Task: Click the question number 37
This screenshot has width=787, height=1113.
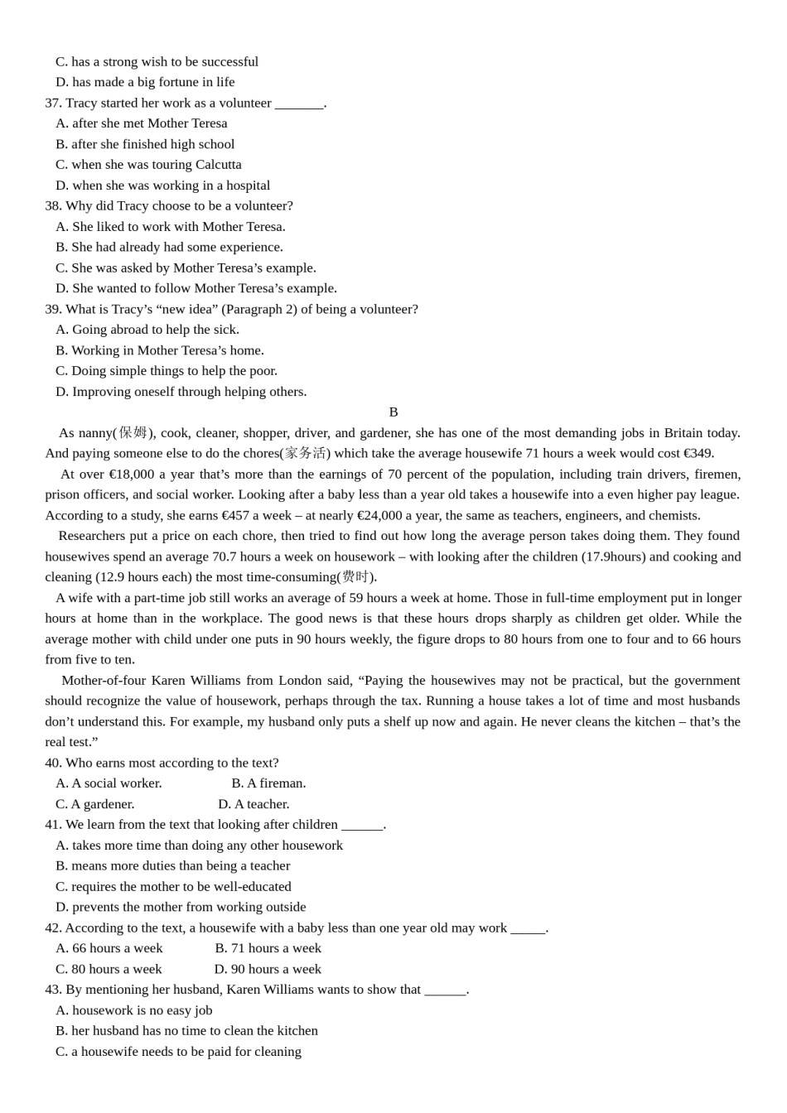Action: (x=53, y=103)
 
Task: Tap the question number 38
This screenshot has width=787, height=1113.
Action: (x=53, y=205)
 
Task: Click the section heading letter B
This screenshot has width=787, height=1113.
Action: (x=393, y=412)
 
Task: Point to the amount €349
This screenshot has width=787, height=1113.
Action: (x=698, y=453)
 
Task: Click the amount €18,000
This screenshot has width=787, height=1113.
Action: (x=131, y=474)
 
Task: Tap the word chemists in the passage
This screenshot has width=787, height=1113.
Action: (x=674, y=515)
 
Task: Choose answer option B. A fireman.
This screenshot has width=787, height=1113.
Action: (x=268, y=783)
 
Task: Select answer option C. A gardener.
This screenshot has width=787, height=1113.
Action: (x=94, y=803)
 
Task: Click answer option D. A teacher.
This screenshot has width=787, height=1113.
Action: (x=253, y=803)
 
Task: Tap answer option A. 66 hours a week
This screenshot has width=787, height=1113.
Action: (x=109, y=948)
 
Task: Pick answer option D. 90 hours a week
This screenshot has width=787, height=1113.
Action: (x=268, y=969)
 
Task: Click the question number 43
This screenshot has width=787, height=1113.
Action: (x=53, y=989)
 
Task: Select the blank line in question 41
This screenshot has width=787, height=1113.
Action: (x=362, y=825)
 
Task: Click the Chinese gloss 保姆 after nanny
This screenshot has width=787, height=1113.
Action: (x=133, y=432)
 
